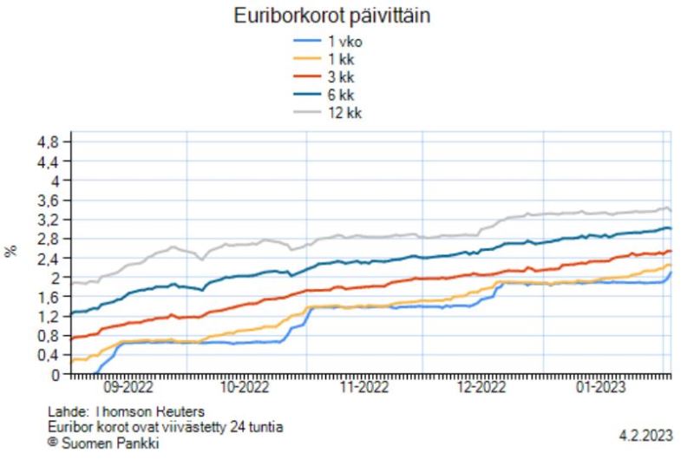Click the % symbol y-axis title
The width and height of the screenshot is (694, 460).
tap(11, 251)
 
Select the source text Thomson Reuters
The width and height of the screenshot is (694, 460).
tap(152, 412)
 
